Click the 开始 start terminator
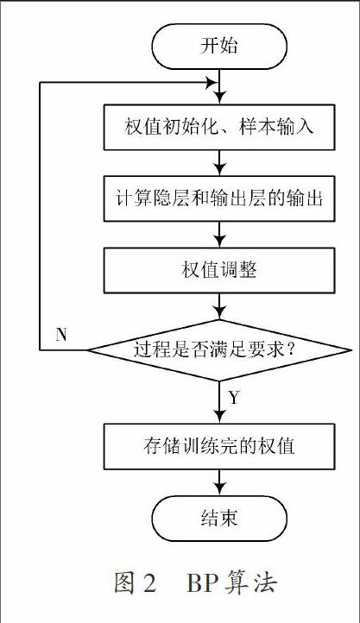tap(219, 46)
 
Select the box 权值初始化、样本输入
tap(219, 127)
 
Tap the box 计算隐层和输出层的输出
tap(219, 198)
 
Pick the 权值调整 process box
tap(219, 271)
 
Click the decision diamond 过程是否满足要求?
tap(219, 350)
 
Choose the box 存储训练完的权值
tap(219, 446)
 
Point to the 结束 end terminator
tap(219, 518)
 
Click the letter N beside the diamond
tap(61, 336)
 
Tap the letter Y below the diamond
tap(234, 397)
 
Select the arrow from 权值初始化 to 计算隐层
tap(219, 163)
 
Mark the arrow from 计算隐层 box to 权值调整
tap(219, 235)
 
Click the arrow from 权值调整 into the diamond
tap(219, 306)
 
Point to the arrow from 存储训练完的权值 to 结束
tap(219, 482)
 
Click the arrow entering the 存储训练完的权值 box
tap(219, 402)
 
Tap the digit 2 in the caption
tap(149, 582)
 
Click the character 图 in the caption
tap(125, 582)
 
